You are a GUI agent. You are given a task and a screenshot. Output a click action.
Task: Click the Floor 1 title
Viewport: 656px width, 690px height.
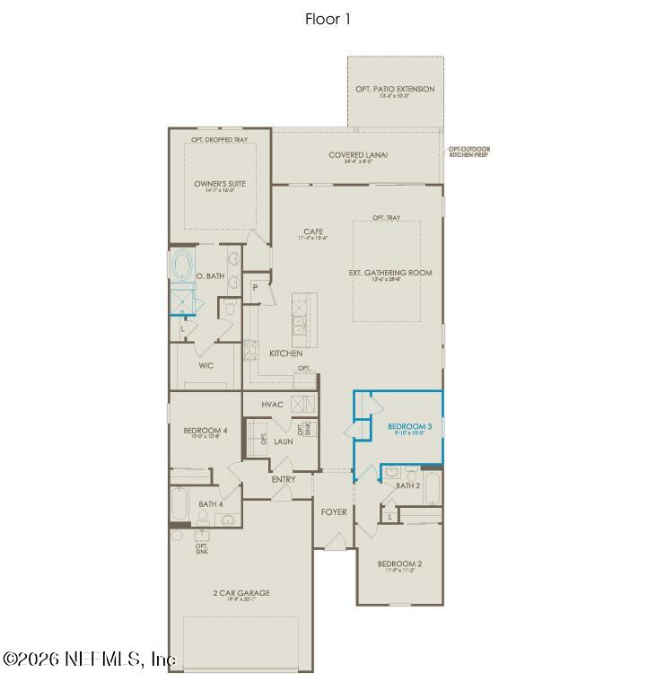328,19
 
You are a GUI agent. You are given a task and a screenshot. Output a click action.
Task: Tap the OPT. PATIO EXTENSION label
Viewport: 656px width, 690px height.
396,89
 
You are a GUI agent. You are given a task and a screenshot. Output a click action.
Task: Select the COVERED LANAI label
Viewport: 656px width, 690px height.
358,155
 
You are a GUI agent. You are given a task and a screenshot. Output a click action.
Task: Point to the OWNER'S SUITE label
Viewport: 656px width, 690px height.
220,184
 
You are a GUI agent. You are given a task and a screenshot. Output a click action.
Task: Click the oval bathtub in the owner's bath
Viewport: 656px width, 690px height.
182,266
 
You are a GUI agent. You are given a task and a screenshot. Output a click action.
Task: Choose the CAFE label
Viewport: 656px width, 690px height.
312,232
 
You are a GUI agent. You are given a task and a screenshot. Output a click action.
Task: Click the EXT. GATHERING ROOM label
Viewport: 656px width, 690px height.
390,273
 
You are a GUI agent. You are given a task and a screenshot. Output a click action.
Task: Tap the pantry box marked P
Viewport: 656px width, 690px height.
255,288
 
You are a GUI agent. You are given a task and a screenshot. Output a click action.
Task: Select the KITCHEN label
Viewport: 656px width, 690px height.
285,354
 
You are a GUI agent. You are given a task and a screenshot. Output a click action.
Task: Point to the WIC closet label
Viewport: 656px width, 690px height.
206,365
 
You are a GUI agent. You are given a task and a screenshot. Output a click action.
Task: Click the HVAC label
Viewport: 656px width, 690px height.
273,405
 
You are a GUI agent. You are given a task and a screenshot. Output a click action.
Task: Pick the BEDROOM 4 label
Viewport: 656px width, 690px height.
206,431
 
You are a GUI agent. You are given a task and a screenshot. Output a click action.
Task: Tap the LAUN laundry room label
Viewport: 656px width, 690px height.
284,441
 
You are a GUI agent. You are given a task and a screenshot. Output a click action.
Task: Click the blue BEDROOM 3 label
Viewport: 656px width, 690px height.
410,425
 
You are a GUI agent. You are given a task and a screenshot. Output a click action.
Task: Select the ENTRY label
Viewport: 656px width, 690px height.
284,479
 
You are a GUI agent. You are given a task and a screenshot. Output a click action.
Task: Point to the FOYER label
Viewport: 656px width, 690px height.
334,512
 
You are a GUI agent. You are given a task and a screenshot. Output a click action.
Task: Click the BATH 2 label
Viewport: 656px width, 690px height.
408,485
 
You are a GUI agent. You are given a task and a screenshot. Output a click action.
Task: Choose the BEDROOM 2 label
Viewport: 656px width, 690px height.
400,563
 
